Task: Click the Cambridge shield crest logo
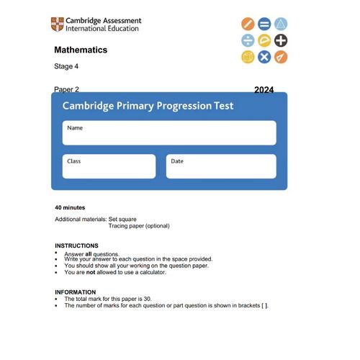click(x=57, y=24)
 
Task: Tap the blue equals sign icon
click(x=264, y=24)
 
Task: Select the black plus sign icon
click(x=281, y=40)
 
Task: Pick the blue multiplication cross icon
click(x=264, y=56)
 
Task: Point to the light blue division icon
click(x=248, y=40)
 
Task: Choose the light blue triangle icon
click(x=281, y=24)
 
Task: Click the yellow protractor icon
click(x=264, y=40)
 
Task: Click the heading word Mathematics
click(x=81, y=50)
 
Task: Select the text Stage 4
click(x=67, y=67)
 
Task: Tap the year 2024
click(x=264, y=91)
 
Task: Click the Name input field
click(x=169, y=133)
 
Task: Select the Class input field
click(x=109, y=166)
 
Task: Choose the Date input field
click(x=221, y=166)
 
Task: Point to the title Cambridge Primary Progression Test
click(x=148, y=106)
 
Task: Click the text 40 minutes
click(x=70, y=207)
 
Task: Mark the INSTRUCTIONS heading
click(x=76, y=246)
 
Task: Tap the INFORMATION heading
click(x=75, y=292)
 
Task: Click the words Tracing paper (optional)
click(x=139, y=225)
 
